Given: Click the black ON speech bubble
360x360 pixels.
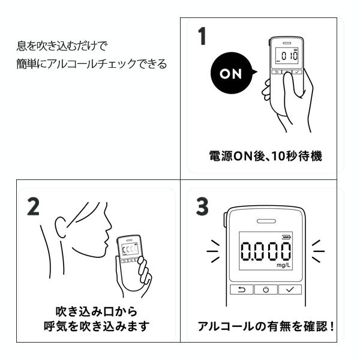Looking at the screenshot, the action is click(x=232, y=73).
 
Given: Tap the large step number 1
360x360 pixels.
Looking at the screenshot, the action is click(x=202, y=36).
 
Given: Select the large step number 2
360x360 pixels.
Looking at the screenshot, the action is click(x=34, y=206).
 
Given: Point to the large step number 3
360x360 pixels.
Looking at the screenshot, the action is click(x=202, y=206).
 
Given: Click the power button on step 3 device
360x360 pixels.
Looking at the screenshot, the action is click(x=266, y=290).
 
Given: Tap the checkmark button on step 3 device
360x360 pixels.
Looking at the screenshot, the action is click(x=290, y=290).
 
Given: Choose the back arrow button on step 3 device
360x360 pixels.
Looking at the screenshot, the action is click(x=242, y=290).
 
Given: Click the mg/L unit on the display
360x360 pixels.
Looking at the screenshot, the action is click(x=283, y=265).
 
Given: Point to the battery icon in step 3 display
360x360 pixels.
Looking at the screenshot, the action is click(x=286, y=237).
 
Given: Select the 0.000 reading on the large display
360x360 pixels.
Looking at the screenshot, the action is click(x=266, y=251).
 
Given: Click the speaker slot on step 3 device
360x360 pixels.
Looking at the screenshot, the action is click(x=266, y=221).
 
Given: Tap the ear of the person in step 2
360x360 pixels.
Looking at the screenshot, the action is click(x=61, y=227).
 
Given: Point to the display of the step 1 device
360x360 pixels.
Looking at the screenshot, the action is click(x=287, y=56).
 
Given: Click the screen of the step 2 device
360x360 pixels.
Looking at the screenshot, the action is click(x=130, y=250).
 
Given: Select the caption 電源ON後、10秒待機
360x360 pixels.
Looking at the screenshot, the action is click(x=266, y=156).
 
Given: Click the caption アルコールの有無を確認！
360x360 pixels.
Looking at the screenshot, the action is click(x=266, y=326).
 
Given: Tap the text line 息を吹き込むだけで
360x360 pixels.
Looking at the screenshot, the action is click(x=62, y=46).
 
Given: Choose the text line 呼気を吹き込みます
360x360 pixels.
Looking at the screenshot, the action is click(x=97, y=326).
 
